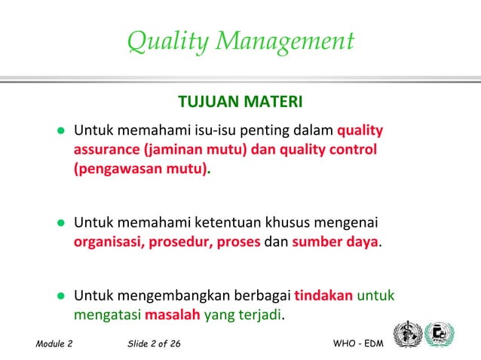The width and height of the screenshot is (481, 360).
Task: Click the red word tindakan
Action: pyautogui.click(x=323, y=294)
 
